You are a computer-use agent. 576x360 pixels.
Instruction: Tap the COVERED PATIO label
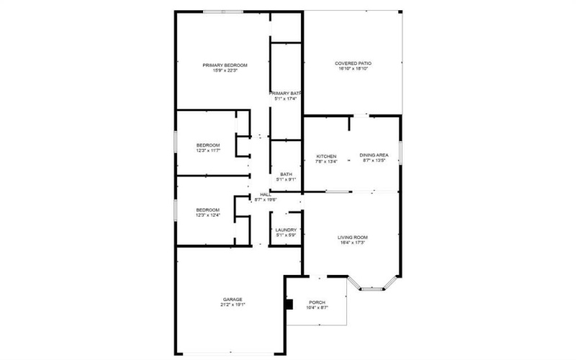tap(353, 63)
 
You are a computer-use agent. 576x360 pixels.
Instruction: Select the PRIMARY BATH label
tap(285, 93)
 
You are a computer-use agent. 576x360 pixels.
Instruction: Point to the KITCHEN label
tap(326, 156)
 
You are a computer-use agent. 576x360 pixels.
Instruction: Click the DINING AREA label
tap(374, 156)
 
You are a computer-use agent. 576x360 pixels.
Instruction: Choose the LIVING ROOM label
tap(353, 238)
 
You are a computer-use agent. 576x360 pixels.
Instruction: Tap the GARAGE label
tap(232, 300)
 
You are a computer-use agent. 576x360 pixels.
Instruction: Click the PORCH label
tap(318, 302)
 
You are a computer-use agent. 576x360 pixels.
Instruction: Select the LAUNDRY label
tap(286, 230)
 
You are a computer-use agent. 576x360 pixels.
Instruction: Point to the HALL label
tap(265, 194)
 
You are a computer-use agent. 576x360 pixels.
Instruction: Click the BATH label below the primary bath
tap(286, 174)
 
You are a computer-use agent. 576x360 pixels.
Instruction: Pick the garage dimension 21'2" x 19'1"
tap(232, 305)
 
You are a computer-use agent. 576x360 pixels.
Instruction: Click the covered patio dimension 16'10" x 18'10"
tap(353, 69)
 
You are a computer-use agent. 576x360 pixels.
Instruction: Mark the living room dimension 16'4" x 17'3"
tap(353, 243)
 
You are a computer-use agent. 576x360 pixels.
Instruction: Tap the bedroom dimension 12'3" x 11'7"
tap(207, 150)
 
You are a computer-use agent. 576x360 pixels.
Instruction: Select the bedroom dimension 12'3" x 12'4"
tap(207, 215)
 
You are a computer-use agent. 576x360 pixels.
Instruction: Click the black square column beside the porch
tap(289, 304)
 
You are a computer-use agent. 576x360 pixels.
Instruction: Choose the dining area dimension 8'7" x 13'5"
tap(374, 161)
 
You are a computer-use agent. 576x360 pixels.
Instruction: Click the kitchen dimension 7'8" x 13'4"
tap(326, 161)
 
